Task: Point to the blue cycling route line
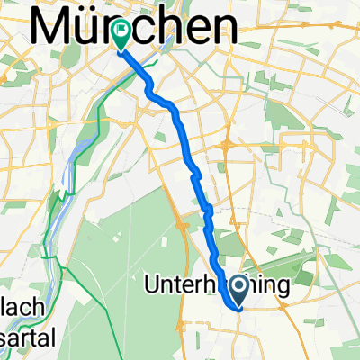(x=180, y=126)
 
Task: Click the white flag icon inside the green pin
(x=121, y=29)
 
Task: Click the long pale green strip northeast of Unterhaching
(x=297, y=252)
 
